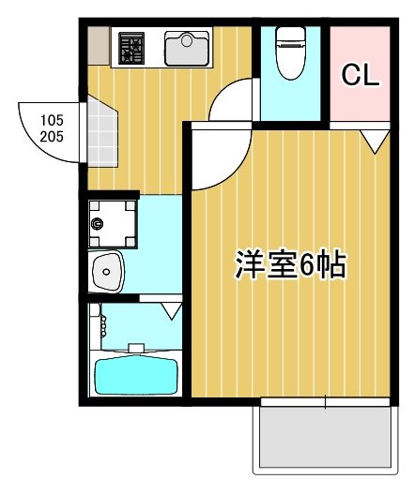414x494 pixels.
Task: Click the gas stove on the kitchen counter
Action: pyautogui.click(x=131, y=48)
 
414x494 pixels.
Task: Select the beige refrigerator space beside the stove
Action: pyautogui.click(x=99, y=47)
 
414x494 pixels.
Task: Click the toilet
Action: pyautogui.click(x=290, y=55)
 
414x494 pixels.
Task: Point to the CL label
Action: pyautogui.click(x=360, y=75)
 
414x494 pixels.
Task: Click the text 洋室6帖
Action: pyautogui.click(x=290, y=266)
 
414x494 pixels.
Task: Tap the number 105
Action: pyautogui.click(x=53, y=120)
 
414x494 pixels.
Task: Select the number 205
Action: pyautogui.click(x=53, y=136)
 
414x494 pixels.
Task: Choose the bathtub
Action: pyautogui.click(x=137, y=374)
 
